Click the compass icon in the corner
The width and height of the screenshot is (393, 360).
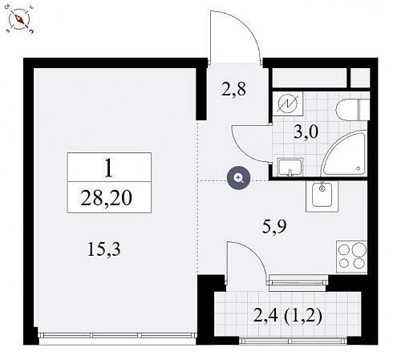[19, 19]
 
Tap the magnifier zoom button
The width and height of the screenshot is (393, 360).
[239, 178]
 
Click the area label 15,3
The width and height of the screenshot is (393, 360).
[104, 249]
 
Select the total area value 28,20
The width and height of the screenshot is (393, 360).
[106, 198]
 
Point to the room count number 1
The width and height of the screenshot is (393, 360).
[108, 168]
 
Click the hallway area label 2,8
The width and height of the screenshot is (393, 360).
[233, 89]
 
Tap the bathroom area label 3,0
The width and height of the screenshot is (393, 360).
[306, 131]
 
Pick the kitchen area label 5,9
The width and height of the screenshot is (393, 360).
[274, 227]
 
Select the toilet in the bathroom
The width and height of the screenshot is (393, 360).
[353, 110]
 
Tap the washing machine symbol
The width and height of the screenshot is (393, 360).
[288, 103]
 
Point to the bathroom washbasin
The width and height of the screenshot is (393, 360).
[290, 167]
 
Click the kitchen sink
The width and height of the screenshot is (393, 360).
[322, 196]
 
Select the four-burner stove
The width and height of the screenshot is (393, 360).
[352, 257]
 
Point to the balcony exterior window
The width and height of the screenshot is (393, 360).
[293, 341]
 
